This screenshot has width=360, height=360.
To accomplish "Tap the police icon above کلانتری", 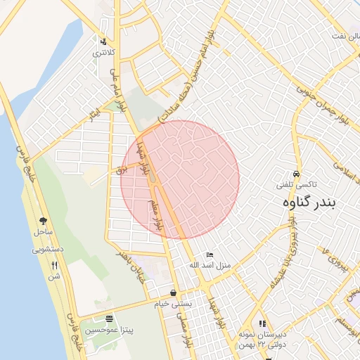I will point(104,41).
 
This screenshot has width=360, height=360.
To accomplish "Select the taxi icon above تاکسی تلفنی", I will point(297,174).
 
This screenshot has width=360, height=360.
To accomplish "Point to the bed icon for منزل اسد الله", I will point(209,255).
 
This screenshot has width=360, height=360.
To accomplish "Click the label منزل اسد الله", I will point(210,265).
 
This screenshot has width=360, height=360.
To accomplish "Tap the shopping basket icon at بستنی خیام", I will point(174,292).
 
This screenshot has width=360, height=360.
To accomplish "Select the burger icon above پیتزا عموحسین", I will point(108,319).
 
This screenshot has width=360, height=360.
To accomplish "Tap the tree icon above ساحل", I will point(44,221).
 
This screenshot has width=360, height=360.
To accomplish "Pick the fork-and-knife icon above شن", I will point(54,265).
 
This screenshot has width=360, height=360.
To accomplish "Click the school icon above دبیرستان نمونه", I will point(263,323).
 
